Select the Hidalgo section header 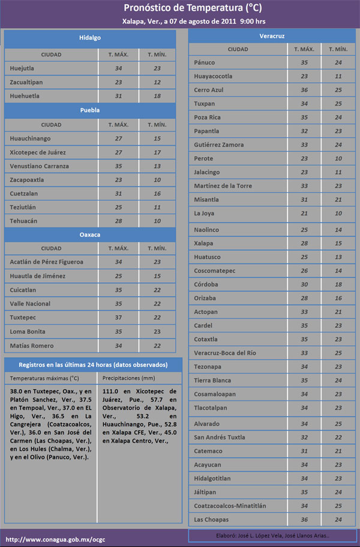click(90, 38)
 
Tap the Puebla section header click(90, 110)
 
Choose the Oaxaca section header click(90, 234)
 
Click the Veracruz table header click(272, 36)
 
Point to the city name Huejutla click(22, 68)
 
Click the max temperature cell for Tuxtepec click(118, 318)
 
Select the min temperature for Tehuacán click(157, 221)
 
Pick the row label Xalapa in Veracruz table click(204, 243)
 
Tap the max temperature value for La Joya click(304, 213)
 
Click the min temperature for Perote click(338, 159)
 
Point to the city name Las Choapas click(211, 519)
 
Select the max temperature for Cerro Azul click(304, 90)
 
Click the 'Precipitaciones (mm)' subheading click(129, 378)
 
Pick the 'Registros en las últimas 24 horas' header click(93, 364)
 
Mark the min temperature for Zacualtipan click(157, 82)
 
